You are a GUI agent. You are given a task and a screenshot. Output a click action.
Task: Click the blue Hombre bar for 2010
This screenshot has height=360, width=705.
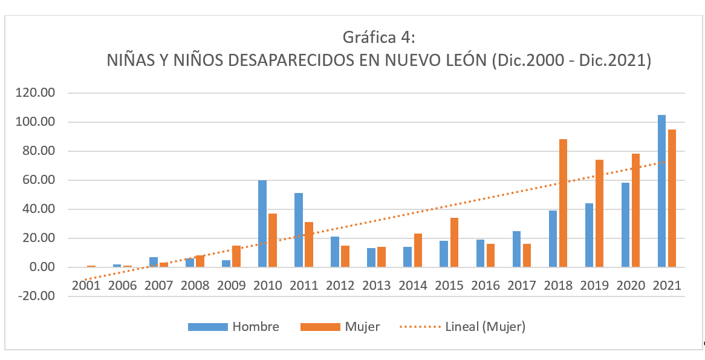click(x=262, y=224)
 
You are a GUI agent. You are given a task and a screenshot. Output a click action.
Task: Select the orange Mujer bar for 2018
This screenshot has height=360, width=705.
click(x=563, y=203)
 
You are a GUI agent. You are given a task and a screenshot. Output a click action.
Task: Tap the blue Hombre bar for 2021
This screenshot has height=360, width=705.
click(x=661, y=191)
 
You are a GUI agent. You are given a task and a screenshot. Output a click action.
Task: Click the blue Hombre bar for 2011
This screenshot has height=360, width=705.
click(x=299, y=231)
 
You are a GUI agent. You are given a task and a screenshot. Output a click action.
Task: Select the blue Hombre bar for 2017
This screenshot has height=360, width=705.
click(x=516, y=249)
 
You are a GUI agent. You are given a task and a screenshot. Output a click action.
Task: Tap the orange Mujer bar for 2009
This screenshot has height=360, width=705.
click(x=236, y=257)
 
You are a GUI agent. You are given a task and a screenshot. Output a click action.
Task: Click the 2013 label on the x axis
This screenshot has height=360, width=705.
click(x=377, y=286)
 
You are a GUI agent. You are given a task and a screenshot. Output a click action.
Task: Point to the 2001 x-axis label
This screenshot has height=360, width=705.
click(x=86, y=286)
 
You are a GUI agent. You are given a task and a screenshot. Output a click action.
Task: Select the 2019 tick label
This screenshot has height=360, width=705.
click(x=594, y=286)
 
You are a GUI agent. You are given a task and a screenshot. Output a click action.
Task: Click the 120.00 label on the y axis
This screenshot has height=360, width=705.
click(x=36, y=93)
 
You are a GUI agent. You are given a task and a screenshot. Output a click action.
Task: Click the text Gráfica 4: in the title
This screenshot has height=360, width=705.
click(x=378, y=38)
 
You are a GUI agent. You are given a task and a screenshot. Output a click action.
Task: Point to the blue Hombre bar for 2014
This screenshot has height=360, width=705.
click(x=408, y=257)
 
